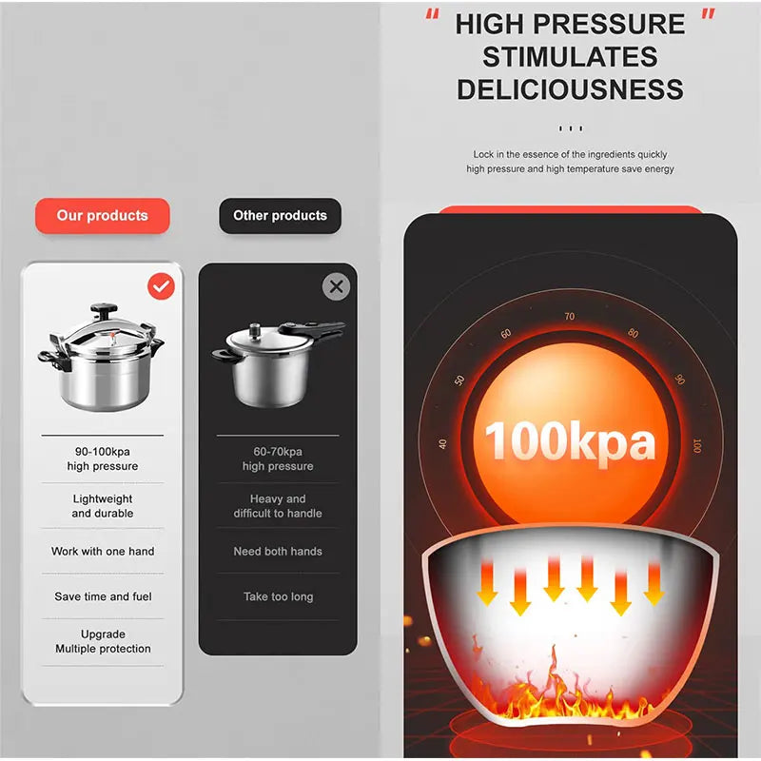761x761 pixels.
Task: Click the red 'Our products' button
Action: pyautogui.click(x=102, y=216)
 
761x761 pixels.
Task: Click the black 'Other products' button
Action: pyautogui.click(x=280, y=216)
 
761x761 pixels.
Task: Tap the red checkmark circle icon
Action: pyautogui.click(x=162, y=285)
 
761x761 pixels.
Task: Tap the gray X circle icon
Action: pyautogui.click(x=336, y=286)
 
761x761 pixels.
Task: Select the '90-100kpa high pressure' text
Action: pyautogui.click(x=102, y=459)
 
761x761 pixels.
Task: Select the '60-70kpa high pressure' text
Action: pyautogui.click(x=278, y=459)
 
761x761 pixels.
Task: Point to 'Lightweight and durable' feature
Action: pyautogui.click(x=102, y=506)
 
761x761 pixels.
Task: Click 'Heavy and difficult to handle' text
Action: pyautogui.click(x=278, y=506)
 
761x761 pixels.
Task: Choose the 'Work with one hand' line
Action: pyautogui.click(x=102, y=552)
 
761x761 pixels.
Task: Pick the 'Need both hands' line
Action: pyautogui.click(x=278, y=552)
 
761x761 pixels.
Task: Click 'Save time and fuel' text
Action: pyautogui.click(x=102, y=597)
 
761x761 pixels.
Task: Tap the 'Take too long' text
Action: pyautogui.click(x=278, y=597)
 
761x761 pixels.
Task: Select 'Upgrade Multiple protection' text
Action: pyautogui.click(x=102, y=641)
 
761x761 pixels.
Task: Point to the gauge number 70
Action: pyautogui.click(x=569, y=317)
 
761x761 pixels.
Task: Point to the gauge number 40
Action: pyautogui.click(x=442, y=443)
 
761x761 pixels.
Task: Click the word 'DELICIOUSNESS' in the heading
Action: pyautogui.click(x=569, y=89)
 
